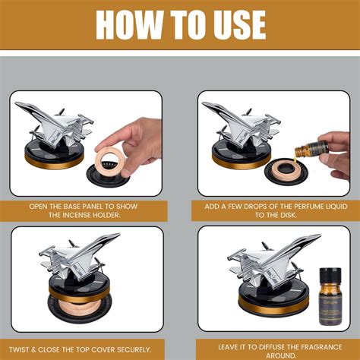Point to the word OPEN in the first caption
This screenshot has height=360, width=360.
point(43,206)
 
